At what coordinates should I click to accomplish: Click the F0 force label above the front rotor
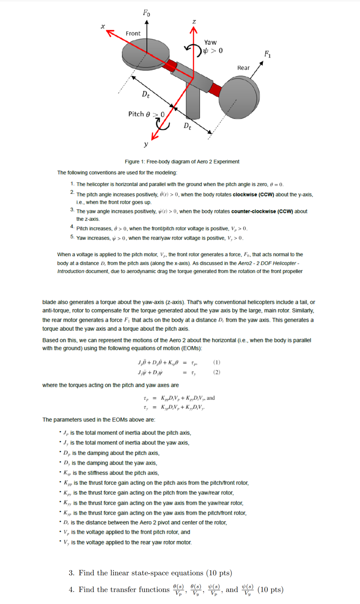pos(146,13)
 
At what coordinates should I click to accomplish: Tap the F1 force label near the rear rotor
pos(268,54)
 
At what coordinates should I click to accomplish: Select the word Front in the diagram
pos(133,33)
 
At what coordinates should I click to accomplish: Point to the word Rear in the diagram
pos(243,68)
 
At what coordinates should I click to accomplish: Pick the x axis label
pos(103,26)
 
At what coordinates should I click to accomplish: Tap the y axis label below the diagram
pos(145,144)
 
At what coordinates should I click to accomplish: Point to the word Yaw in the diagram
pos(210,42)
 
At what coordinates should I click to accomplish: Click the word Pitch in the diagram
pos(136,114)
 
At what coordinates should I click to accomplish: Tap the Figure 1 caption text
pos(182,162)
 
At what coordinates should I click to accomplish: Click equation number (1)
pos(217,362)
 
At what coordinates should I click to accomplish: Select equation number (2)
pos(217,372)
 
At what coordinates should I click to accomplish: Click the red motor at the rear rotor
pos(215,88)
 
